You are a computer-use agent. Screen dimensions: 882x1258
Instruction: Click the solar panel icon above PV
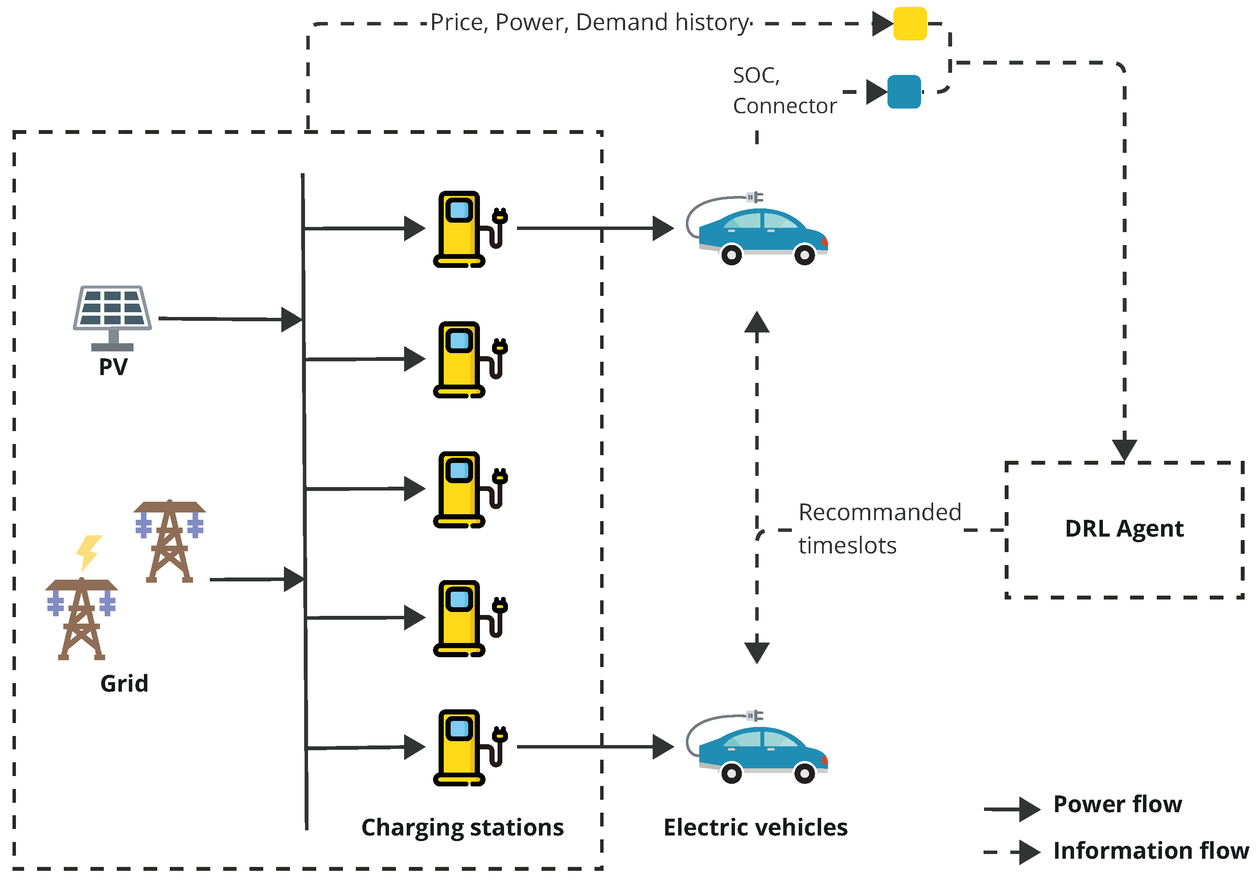(x=112, y=315)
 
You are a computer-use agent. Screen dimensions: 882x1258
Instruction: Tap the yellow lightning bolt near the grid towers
(x=88, y=552)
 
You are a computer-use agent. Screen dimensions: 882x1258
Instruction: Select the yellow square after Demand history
(x=909, y=24)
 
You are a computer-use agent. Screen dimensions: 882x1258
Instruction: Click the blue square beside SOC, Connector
(x=903, y=91)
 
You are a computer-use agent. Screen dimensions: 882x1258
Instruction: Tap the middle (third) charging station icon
(x=463, y=489)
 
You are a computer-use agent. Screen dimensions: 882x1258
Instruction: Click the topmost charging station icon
(x=463, y=229)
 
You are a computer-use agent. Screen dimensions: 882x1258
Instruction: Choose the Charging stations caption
(x=462, y=827)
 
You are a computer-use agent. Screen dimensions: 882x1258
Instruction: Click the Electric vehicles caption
(x=755, y=827)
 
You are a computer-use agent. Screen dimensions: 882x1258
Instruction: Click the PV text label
(x=113, y=366)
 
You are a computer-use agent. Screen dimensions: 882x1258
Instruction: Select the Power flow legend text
(x=1117, y=804)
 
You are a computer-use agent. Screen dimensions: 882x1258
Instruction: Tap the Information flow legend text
(x=1151, y=850)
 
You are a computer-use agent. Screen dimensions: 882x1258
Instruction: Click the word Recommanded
(x=879, y=512)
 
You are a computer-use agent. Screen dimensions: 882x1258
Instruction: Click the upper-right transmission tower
(x=169, y=540)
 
